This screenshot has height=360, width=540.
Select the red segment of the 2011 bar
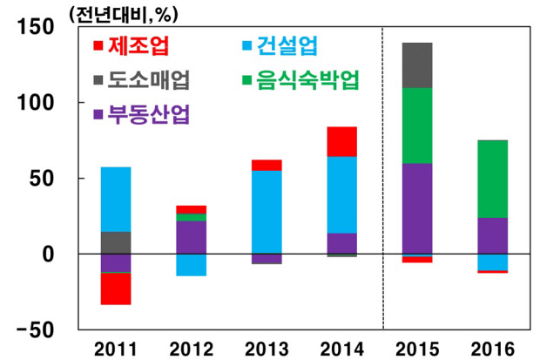pos(115,289)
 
